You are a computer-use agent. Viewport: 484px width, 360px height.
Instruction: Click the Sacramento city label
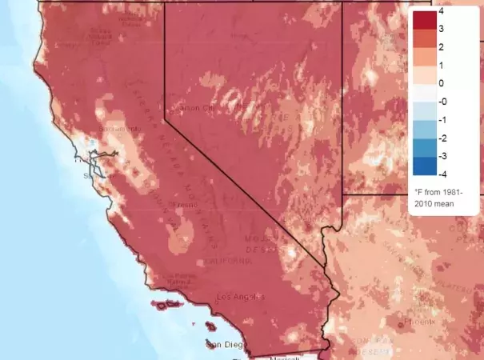113,128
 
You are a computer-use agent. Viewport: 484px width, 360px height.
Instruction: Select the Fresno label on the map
186,206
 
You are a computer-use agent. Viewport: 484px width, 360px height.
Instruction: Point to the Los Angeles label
239,298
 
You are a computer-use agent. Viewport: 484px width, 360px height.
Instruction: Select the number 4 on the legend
441,12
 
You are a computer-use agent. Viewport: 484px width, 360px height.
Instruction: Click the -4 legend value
442,171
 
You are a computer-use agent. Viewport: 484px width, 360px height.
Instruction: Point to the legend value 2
441,47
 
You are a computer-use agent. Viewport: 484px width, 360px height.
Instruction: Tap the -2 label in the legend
442,136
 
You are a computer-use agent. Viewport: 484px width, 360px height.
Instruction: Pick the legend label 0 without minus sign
441,82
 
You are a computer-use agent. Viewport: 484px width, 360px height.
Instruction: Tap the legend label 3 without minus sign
441,30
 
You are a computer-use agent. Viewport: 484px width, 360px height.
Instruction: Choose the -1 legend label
442,118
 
